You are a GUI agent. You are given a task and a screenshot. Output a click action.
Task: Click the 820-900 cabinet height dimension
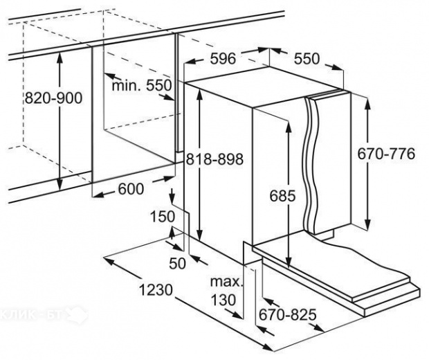pyautogui.click(x=53, y=98)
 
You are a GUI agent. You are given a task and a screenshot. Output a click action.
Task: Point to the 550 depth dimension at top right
pyautogui.click(x=307, y=59)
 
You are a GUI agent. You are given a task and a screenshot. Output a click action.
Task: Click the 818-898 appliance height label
pyautogui.click(x=214, y=159)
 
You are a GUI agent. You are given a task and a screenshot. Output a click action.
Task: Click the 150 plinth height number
pyautogui.click(x=163, y=217)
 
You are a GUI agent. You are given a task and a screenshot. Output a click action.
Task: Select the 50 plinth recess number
pyautogui.click(x=178, y=263)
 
